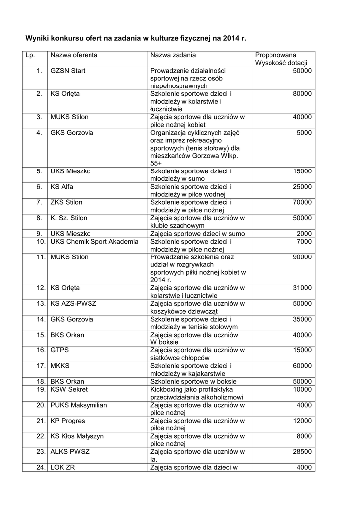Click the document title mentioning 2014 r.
coord(136,38)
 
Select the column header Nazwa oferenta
coord(74,55)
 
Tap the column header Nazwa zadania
coord(173,55)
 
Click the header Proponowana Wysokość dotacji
coord(281,59)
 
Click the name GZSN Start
coord(68,71)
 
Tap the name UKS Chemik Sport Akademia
coord(94,242)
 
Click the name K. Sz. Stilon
coord(69,218)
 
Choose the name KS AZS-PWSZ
coord(73,303)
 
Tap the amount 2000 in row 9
coord(304,234)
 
